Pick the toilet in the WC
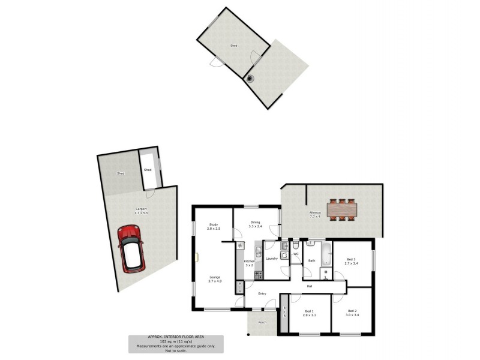tap(296, 247)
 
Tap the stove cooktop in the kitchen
tap(259, 275)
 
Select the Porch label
tap(262, 322)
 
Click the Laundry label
tap(271, 258)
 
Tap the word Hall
tap(310, 286)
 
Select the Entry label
tap(262, 293)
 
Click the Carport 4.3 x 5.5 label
tap(140, 211)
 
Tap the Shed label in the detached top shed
tap(233, 46)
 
